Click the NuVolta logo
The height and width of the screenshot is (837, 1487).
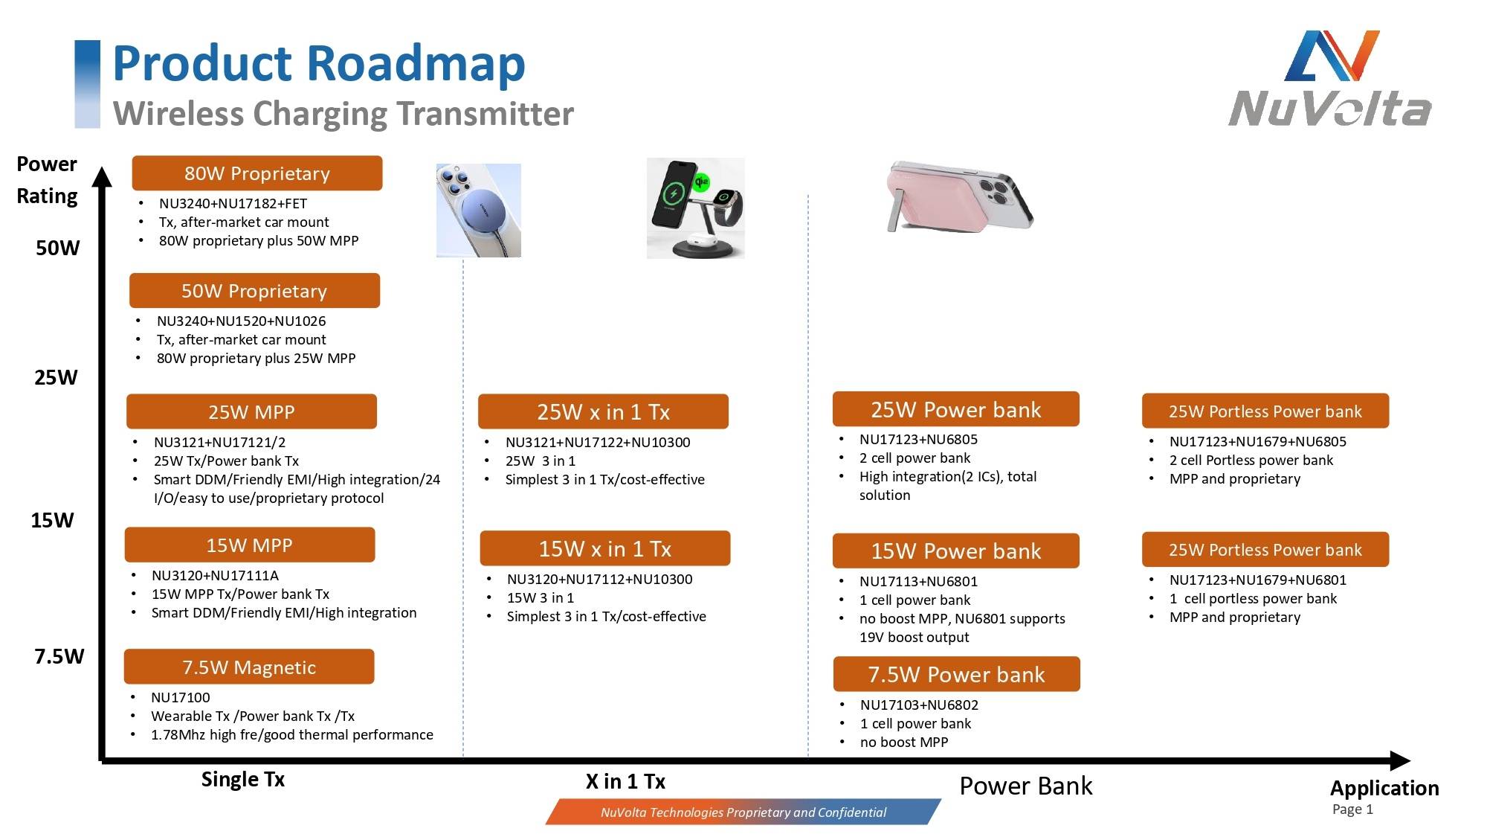[1330, 79]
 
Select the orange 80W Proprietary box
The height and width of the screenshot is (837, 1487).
[257, 173]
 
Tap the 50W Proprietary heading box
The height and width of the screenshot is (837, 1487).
[254, 291]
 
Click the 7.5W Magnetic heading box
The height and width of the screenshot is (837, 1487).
[249, 667]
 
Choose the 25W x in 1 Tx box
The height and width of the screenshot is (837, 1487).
[603, 411]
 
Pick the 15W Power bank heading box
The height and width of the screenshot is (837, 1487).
[955, 551]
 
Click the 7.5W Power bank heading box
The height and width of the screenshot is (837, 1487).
[956, 675]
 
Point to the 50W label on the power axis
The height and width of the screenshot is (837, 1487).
[58, 248]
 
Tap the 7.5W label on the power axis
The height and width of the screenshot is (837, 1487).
[59, 656]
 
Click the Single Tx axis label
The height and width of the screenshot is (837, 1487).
[243, 779]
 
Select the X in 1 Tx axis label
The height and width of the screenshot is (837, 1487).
[625, 781]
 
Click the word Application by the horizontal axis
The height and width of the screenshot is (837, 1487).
[1384, 788]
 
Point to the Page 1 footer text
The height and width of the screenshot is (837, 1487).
[1352, 809]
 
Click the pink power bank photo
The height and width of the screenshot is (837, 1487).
[960, 197]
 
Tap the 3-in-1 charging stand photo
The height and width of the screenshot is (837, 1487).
[695, 208]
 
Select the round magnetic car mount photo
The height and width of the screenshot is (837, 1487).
[479, 211]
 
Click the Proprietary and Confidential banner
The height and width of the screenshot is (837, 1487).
[743, 812]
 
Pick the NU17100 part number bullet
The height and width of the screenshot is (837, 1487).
[181, 697]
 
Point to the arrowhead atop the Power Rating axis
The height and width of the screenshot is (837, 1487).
[102, 176]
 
